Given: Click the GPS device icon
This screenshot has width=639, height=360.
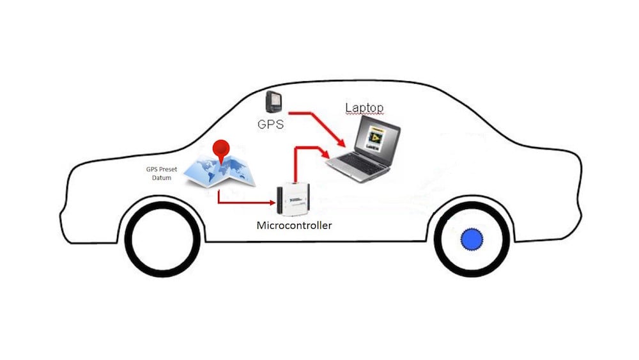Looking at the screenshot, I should (x=273, y=101).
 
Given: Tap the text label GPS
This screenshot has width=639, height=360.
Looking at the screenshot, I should (x=270, y=123).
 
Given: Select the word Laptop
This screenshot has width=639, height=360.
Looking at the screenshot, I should (x=364, y=107).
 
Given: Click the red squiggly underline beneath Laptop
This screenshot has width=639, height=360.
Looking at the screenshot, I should (x=364, y=114).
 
